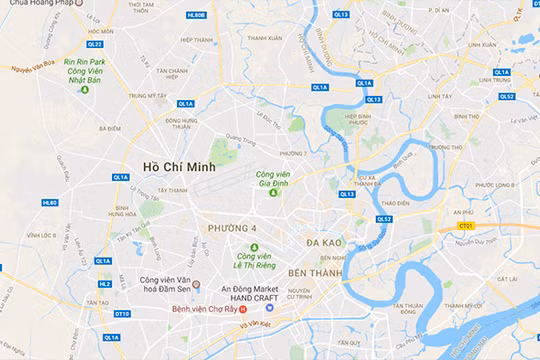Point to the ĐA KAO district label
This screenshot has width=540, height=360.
(x=326, y=243)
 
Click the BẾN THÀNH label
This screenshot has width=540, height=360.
(x=315, y=272)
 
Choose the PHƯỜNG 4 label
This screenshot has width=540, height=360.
(x=232, y=229)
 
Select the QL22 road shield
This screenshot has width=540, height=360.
(x=94, y=44)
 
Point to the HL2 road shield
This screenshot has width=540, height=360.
(x=105, y=283)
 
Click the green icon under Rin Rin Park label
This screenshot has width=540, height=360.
(x=85, y=91)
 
